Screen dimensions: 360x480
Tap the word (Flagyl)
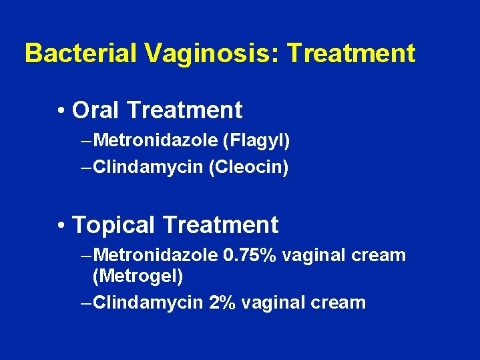(256, 140)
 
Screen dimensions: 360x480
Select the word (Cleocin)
(248, 167)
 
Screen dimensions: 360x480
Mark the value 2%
(223, 303)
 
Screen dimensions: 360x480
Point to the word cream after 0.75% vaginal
(381, 255)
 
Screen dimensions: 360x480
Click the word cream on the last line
(340, 303)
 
